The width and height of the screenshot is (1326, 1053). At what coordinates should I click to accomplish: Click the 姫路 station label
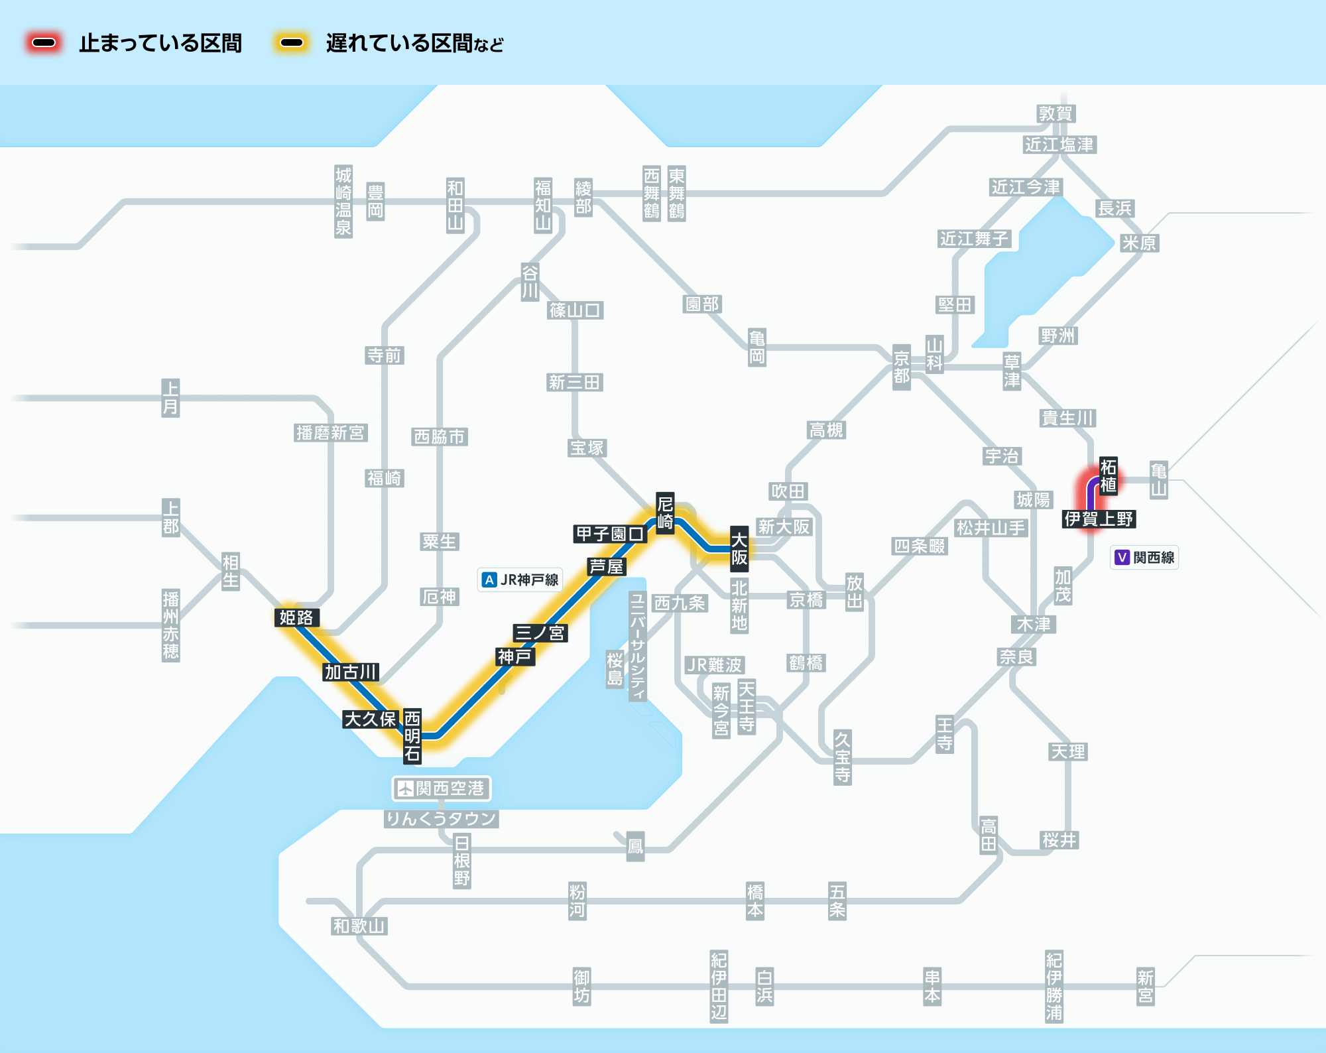(x=296, y=618)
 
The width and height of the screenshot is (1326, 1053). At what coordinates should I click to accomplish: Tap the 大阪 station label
(x=739, y=548)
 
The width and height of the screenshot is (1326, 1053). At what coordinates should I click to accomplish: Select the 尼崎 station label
(x=665, y=513)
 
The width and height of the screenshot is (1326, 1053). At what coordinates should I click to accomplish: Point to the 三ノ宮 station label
(x=540, y=633)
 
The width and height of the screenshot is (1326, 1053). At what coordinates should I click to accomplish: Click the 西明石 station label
(x=412, y=736)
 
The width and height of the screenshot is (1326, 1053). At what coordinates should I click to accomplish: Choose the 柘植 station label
(x=1108, y=475)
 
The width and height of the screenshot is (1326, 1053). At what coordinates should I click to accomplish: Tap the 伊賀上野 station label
(x=1099, y=519)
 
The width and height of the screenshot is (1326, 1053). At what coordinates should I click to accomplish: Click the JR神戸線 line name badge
(x=520, y=580)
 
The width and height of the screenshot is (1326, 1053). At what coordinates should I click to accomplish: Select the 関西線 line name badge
(x=1145, y=557)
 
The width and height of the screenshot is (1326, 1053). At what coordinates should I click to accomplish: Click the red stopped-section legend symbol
(x=44, y=43)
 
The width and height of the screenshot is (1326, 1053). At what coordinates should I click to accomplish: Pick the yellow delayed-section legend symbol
(x=291, y=43)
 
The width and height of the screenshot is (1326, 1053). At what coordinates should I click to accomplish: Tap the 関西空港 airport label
(x=442, y=788)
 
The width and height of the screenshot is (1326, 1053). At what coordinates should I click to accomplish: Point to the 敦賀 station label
(x=1055, y=113)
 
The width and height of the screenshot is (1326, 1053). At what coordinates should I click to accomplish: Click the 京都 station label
(x=901, y=367)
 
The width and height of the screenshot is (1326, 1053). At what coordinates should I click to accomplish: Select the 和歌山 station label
(x=359, y=926)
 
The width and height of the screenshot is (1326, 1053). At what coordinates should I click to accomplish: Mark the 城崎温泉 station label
(x=343, y=202)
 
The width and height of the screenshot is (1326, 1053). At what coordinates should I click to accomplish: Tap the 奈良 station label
(x=1016, y=656)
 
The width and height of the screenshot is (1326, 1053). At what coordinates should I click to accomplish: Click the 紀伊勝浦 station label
(x=1054, y=986)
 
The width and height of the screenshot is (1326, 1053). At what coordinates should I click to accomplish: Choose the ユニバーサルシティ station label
(x=637, y=647)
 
